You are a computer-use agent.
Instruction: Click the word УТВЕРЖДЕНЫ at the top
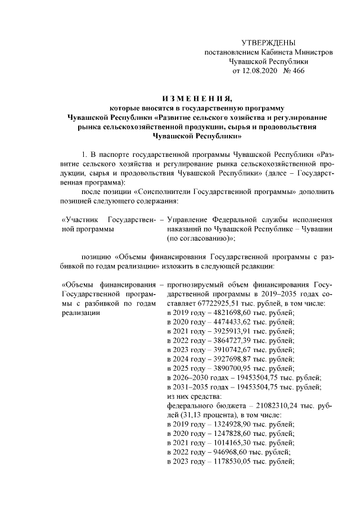(268, 43)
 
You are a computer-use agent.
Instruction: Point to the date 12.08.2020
(260, 71)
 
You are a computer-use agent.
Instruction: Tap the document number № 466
(295, 71)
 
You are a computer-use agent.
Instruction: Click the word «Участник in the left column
(79, 218)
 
